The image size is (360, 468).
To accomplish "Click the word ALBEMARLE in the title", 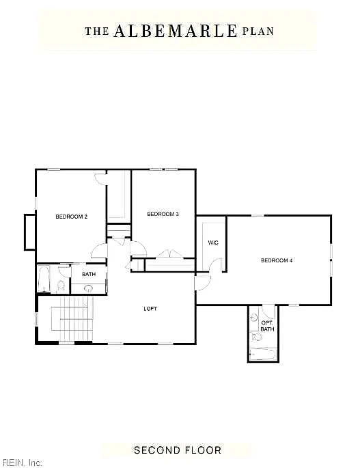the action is point(175,31).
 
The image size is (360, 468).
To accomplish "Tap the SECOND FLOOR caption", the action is point(178,450).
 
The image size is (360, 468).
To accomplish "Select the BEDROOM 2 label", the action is point(72,217).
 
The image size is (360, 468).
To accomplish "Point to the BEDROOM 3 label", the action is point(163,214).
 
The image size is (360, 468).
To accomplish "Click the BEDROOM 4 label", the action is point(277,260).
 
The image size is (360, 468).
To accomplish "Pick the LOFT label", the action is point(150,309).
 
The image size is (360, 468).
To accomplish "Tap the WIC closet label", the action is point(213,243).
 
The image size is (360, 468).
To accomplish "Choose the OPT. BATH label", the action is point(267,326).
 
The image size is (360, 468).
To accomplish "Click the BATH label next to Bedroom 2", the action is point(89,274).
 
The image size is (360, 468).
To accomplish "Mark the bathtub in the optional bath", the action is point(263,355).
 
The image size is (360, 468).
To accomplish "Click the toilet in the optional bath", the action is point(256,338).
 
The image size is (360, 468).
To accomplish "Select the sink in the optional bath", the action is point(254,317).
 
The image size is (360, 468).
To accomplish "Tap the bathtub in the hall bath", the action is point(44,279).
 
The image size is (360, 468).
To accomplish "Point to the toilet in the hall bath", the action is point(61,286).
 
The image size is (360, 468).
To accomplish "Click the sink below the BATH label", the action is point(89,288).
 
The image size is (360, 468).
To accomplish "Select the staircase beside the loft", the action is point(72,319).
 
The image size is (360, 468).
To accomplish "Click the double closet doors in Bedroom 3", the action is point(169,253).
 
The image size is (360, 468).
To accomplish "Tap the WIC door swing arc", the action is point(214,264).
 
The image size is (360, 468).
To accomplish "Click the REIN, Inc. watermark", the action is point(21,463).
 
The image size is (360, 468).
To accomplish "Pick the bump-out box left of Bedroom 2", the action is point(30,232).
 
